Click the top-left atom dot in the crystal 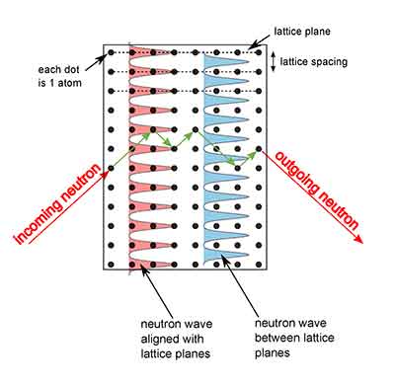tap(111, 51)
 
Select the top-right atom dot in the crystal tap(259, 51)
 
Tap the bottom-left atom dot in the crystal tap(111, 263)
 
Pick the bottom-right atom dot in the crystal tap(259, 263)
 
